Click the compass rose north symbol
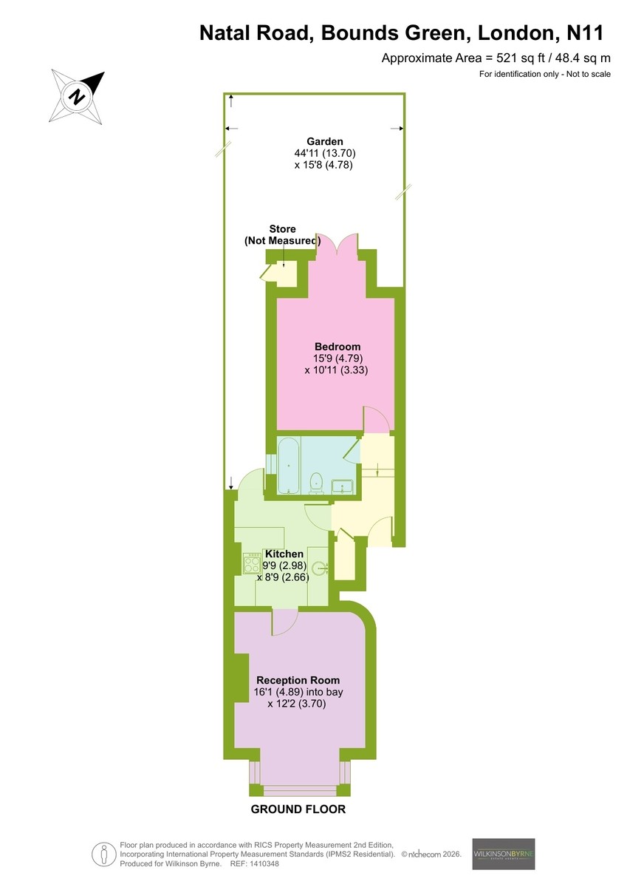click(77, 97)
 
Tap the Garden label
click(325, 141)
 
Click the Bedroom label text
click(338, 347)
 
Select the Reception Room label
click(298, 680)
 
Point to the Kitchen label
click(284, 554)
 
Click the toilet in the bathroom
click(316, 483)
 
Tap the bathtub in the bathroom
click(289, 465)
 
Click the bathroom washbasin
click(343, 486)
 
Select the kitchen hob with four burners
click(252, 563)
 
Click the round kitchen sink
click(319, 568)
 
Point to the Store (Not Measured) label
click(282, 235)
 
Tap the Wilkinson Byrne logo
click(504, 853)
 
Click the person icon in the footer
click(103, 854)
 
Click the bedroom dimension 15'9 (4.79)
click(338, 358)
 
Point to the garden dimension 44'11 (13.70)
click(325, 153)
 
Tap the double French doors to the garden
click(338, 242)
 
